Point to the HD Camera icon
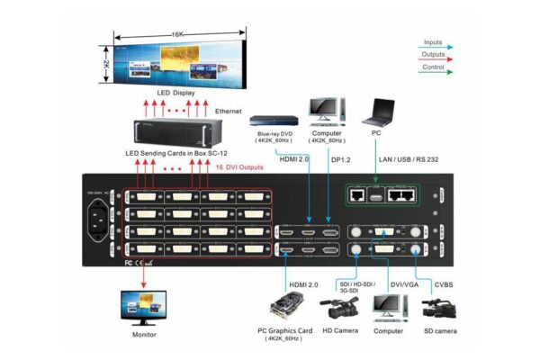point(339,310)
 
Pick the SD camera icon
point(440,310)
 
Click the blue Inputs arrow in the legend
point(443,47)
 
